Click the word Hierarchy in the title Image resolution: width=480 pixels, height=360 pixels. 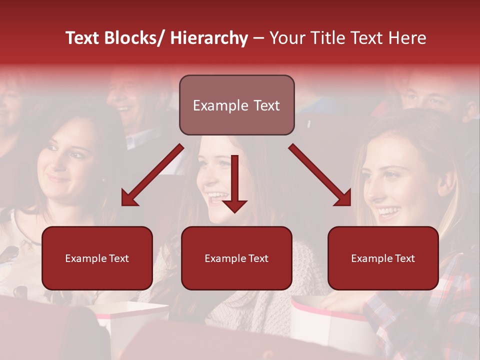[x=209, y=38]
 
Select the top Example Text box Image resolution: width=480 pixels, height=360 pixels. [x=236, y=105]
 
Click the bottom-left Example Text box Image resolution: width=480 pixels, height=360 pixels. [x=97, y=258]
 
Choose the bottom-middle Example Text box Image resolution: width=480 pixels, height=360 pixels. [x=236, y=258]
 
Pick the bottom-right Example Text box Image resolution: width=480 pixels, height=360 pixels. [x=383, y=258]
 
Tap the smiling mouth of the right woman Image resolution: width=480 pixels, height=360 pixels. [x=388, y=212]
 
